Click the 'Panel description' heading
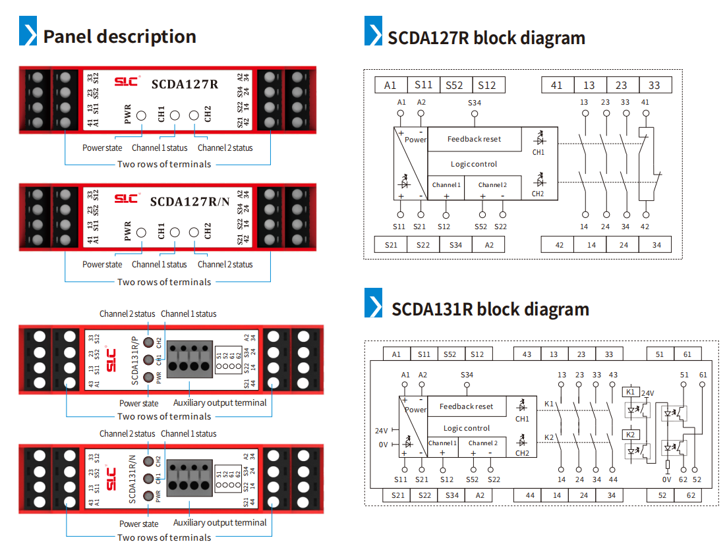pyautogui.click(x=119, y=36)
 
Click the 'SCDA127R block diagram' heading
pyautogui.click(x=486, y=38)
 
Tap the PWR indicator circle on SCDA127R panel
pyautogui.click(x=142, y=116)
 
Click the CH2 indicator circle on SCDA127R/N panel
pyautogui.click(x=194, y=232)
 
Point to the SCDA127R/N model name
pyautogui.click(x=190, y=202)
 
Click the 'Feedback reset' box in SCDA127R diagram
pyautogui.click(x=474, y=139)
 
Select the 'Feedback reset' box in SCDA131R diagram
pyautogui.click(x=466, y=406)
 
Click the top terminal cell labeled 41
pyautogui.click(x=557, y=85)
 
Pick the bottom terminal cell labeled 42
pyautogui.click(x=560, y=245)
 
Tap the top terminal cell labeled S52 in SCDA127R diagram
pyautogui.click(x=454, y=85)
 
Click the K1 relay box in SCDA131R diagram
pyautogui.click(x=629, y=392)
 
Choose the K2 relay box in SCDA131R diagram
pyautogui.click(x=629, y=435)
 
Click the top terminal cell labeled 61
pyautogui.click(x=687, y=354)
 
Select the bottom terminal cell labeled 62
pyautogui.click(x=690, y=495)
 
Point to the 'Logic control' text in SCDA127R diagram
pyautogui.click(x=474, y=164)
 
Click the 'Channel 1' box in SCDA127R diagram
pyautogui.click(x=446, y=185)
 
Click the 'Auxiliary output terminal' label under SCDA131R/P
pyautogui.click(x=219, y=402)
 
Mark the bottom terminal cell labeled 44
pyautogui.click(x=529, y=495)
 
